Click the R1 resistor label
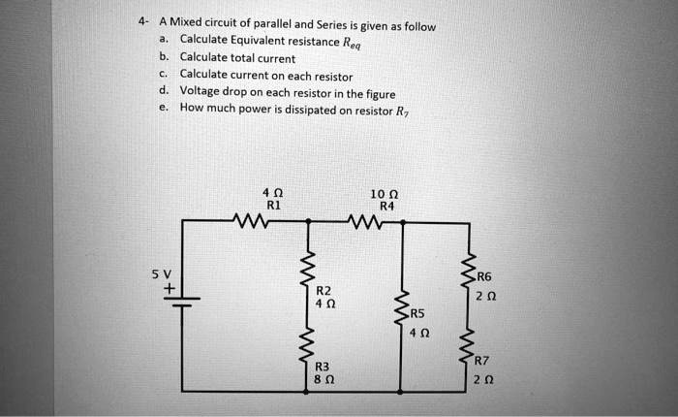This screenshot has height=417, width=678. pyautogui.click(x=273, y=205)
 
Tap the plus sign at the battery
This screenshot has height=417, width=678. pyautogui.click(x=170, y=288)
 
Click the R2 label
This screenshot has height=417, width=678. pyautogui.click(x=324, y=290)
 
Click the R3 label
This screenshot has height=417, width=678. pyautogui.click(x=323, y=367)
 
